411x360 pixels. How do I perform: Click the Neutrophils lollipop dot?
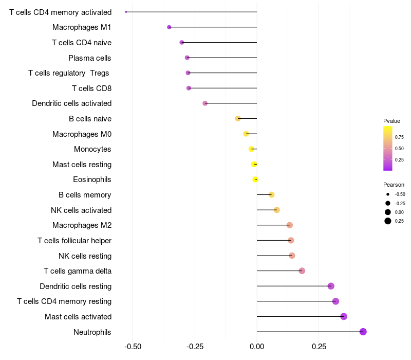pyautogui.click(x=363, y=332)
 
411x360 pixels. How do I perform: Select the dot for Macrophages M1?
pyautogui.click(x=169, y=27)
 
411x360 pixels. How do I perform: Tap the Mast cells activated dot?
pyautogui.click(x=344, y=316)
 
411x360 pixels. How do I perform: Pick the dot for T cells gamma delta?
pyautogui.click(x=302, y=271)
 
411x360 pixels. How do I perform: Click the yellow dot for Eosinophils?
pyautogui.click(x=255, y=179)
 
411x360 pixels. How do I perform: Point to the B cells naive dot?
pyautogui.click(x=238, y=119)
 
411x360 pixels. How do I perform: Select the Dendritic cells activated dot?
pyautogui.click(x=205, y=103)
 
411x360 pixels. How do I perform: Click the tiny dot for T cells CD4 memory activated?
pyautogui.click(x=126, y=12)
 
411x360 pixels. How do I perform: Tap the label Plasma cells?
pyautogui.click(x=90, y=58)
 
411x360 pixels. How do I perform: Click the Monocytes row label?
pyautogui.click(x=92, y=149)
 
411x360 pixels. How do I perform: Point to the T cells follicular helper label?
pyautogui.click(x=74, y=241)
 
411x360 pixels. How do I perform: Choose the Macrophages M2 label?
pyautogui.click(x=82, y=225)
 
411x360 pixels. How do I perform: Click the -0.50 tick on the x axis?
pyautogui.click(x=133, y=347)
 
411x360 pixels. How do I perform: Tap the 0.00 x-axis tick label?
pyautogui.click(x=257, y=347)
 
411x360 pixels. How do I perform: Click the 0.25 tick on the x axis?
pyautogui.click(x=319, y=347)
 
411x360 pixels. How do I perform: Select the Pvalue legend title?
pyautogui.click(x=391, y=121)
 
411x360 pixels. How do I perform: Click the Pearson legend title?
pyautogui.click(x=394, y=185)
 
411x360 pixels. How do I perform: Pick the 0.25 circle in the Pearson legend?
pyautogui.click(x=388, y=221)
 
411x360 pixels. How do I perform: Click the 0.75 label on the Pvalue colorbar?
pyautogui.click(x=399, y=137)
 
